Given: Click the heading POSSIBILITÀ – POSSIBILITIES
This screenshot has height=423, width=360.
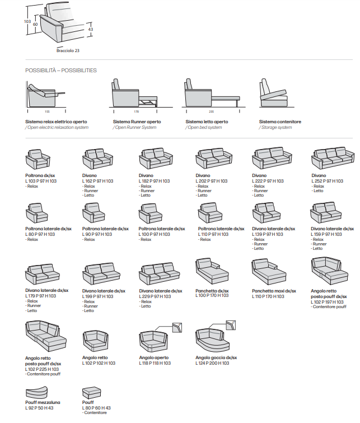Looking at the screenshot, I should [61, 71].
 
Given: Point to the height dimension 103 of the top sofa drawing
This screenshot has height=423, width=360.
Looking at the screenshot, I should [27, 22].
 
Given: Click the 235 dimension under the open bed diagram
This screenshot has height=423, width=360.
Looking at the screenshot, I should [211, 111].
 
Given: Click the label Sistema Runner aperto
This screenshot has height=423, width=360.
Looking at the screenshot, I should [137, 122].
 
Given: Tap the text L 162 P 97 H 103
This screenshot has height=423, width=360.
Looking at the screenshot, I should [98, 182].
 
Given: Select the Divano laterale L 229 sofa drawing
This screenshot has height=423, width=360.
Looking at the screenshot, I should [160, 273].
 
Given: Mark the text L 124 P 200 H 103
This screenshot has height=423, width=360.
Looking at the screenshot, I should [212, 363].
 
